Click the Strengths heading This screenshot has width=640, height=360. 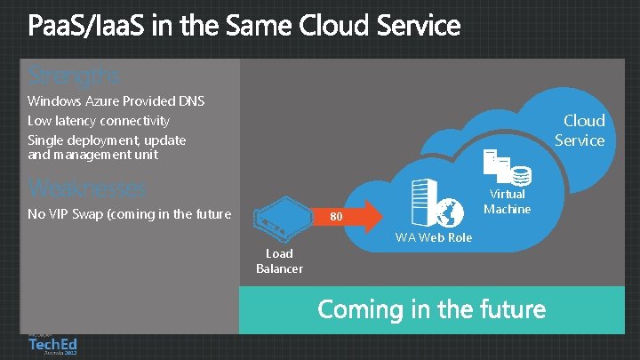(x=73, y=74)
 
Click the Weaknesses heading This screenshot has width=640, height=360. (x=86, y=188)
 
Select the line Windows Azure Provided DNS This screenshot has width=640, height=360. (x=116, y=101)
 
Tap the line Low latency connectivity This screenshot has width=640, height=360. (x=98, y=121)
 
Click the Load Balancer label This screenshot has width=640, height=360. (x=279, y=261)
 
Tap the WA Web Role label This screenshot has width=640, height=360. (x=434, y=237)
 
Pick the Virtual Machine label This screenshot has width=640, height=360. (x=507, y=202)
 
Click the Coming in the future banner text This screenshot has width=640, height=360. (x=431, y=309)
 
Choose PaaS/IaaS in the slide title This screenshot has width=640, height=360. (x=85, y=27)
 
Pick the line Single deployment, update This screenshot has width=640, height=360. (x=107, y=140)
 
